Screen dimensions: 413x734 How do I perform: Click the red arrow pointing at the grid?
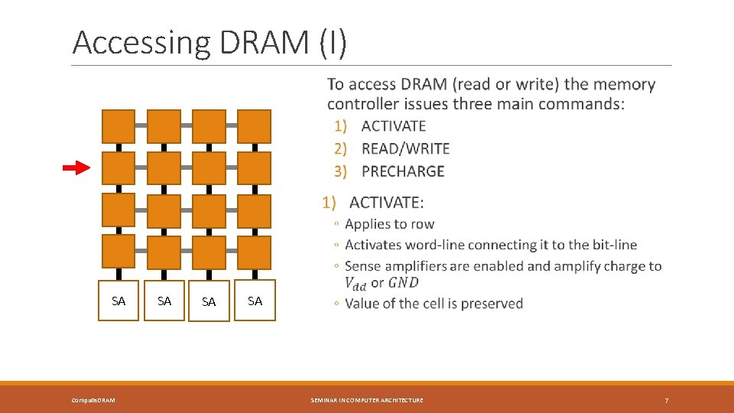pyautogui.click(x=76, y=168)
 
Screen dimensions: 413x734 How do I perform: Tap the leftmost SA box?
pyautogui.click(x=119, y=301)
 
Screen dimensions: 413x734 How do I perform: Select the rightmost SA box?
pyautogui.click(x=255, y=301)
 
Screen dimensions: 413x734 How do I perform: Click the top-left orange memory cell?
pyautogui.click(x=119, y=126)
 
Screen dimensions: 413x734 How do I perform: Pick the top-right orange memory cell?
pyautogui.click(x=254, y=126)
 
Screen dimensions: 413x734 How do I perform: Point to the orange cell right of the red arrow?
pyautogui.click(x=119, y=168)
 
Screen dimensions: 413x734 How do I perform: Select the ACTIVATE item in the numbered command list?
pyautogui.click(x=393, y=126)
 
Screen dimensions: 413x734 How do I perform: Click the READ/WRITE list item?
pyautogui.click(x=405, y=148)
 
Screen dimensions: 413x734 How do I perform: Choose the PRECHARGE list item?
pyautogui.click(x=402, y=171)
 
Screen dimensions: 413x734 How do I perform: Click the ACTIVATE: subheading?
pyautogui.click(x=386, y=203)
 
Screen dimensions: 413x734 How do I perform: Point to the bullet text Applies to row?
pyautogui.click(x=389, y=224)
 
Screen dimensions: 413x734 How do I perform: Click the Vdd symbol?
pyautogui.click(x=356, y=283)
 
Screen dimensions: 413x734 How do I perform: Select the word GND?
pyautogui.click(x=403, y=283)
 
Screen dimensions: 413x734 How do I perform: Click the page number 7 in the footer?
pyautogui.click(x=667, y=400)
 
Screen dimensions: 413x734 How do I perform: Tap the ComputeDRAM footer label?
pyautogui.click(x=94, y=400)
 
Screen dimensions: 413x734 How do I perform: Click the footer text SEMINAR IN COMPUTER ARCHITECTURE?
pyautogui.click(x=367, y=400)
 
